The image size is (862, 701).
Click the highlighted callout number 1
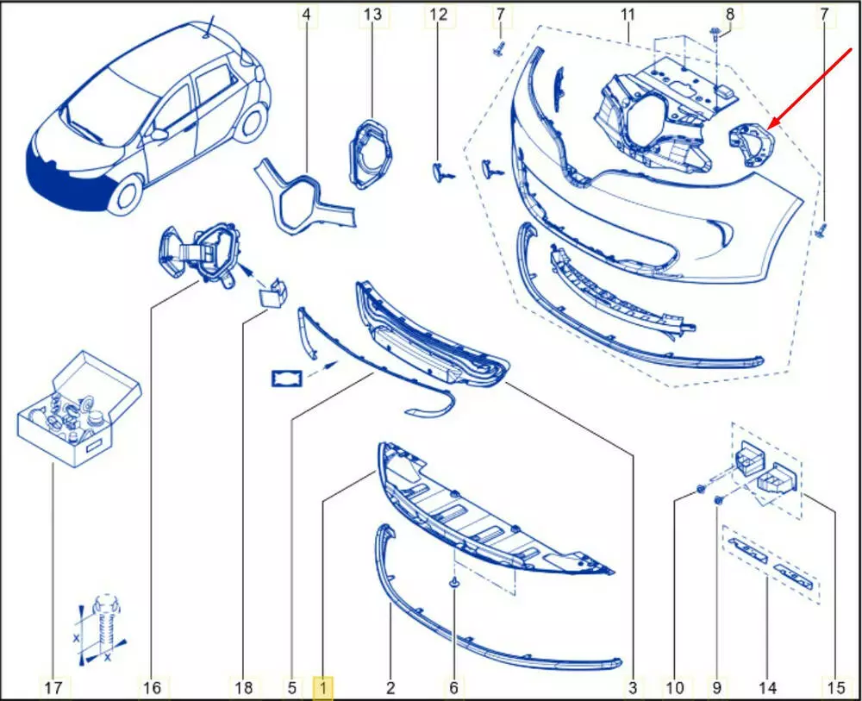point(323,687)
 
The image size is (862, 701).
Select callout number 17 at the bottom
point(53,687)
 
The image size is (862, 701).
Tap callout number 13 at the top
point(372,15)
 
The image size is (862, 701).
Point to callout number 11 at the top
point(628,15)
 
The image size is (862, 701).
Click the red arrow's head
point(773,123)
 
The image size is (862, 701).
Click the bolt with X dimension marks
point(103,627)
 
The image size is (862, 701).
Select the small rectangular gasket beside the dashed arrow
point(286,379)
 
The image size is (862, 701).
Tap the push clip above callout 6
point(454,583)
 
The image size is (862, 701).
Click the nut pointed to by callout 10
point(700,488)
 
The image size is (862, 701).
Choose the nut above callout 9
point(718,500)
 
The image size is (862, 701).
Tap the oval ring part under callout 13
point(371,154)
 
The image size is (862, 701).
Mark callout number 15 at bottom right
point(834,687)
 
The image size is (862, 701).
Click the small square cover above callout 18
point(273,294)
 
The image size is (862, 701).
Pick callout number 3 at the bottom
point(633,687)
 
